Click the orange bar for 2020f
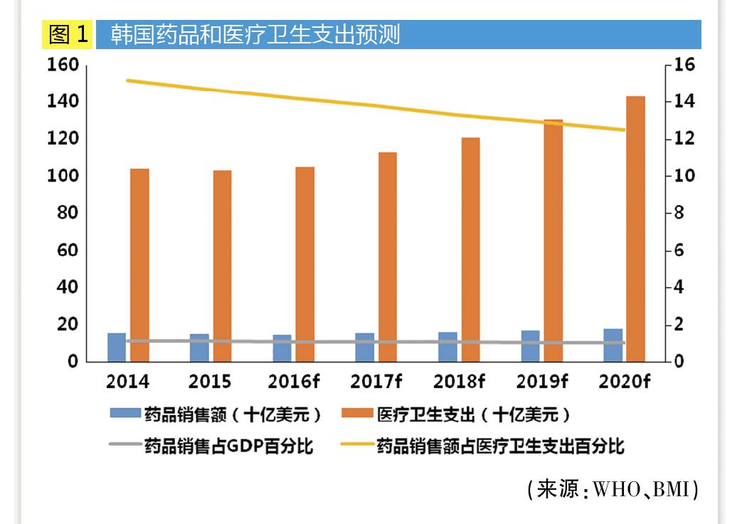click(635, 228)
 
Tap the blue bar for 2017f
click(364, 347)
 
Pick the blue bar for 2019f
click(530, 346)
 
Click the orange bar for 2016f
click(305, 264)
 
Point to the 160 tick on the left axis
click(62, 65)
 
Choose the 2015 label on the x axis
click(210, 382)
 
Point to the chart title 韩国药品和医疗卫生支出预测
click(255, 34)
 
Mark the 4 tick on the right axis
click(679, 287)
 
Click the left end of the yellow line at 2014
click(127, 80)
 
